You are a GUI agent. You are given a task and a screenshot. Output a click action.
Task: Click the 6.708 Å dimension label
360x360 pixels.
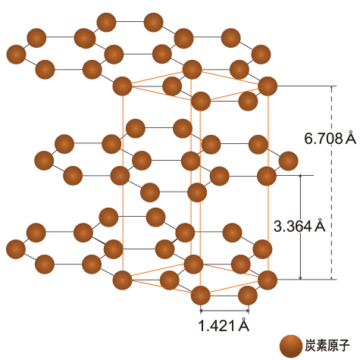(x=330, y=138)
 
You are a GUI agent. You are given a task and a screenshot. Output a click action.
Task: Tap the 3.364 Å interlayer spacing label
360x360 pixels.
(x=299, y=226)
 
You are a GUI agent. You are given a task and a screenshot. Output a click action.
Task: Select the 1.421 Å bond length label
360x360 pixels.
(x=224, y=325)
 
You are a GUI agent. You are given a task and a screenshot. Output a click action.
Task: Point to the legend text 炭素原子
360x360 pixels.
(x=327, y=346)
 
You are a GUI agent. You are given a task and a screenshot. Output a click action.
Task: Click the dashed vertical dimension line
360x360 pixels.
(x=332, y=183)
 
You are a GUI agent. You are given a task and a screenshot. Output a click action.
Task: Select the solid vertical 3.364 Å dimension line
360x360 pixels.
(x=300, y=227)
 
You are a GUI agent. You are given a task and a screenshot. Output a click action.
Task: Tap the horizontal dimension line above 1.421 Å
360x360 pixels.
(x=224, y=310)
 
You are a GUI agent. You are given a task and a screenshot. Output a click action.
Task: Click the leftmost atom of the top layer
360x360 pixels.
(x=16, y=55)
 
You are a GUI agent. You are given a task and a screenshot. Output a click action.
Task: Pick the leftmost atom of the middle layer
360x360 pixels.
(x=44, y=161)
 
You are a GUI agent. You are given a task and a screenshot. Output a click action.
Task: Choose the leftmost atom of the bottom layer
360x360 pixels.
(x=16, y=249)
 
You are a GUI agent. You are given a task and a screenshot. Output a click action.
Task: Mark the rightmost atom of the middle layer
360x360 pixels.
(x=288, y=161)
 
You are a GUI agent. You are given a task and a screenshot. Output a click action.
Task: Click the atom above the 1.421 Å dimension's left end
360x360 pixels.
(x=200, y=296)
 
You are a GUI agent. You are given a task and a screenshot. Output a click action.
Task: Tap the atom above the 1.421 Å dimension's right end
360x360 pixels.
(x=248, y=296)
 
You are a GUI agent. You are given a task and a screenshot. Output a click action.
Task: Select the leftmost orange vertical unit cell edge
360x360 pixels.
(x=123, y=183)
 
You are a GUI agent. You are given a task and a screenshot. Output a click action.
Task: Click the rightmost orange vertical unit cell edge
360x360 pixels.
(x=268, y=183)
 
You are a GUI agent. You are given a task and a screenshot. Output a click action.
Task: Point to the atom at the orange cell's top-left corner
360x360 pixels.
(x=122, y=86)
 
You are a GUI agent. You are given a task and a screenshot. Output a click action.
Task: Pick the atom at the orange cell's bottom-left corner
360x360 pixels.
(x=122, y=280)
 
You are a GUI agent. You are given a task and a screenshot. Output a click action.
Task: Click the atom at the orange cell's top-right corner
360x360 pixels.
(x=268, y=86)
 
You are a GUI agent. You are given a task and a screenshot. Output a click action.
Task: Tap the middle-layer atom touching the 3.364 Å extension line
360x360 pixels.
(x=267, y=176)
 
